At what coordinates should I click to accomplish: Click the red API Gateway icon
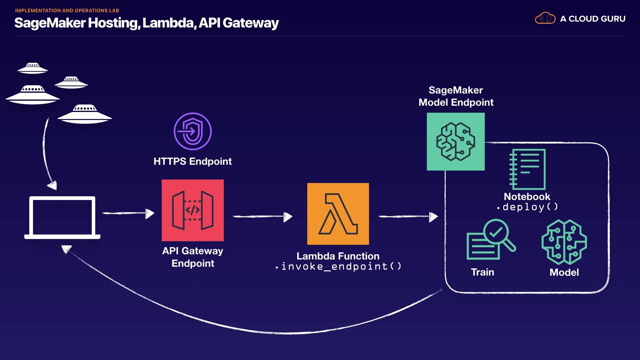(x=193, y=210)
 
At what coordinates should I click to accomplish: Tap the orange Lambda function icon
(x=338, y=214)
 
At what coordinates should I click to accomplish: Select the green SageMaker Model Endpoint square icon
(x=456, y=142)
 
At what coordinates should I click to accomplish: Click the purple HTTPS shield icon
(x=193, y=131)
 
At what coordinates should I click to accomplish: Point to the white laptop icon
(x=62, y=217)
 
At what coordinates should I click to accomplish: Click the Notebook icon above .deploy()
(x=527, y=169)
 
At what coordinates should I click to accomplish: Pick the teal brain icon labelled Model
(x=564, y=242)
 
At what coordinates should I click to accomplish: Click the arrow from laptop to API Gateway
(x=128, y=213)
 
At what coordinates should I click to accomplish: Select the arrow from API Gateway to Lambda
(x=262, y=217)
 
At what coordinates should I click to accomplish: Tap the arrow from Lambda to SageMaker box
(x=408, y=217)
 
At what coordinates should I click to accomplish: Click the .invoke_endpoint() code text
(x=339, y=267)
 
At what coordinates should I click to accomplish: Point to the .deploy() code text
(x=527, y=207)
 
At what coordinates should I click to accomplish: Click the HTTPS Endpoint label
(x=193, y=161)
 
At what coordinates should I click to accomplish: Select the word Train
(x=482, y=272)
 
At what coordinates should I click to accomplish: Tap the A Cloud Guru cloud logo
(x=545, y=18)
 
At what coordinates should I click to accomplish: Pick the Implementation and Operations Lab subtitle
(x=67, y=11)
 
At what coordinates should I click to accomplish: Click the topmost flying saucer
(x=33, y=68)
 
